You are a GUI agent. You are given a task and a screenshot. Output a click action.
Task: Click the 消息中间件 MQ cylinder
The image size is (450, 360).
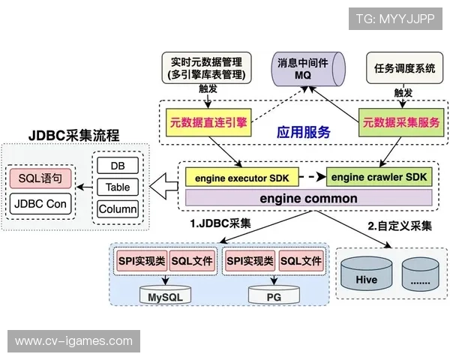(304, 68)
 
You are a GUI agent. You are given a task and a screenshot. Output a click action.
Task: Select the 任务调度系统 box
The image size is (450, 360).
(403, 68)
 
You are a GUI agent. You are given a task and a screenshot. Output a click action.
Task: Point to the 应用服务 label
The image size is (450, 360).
(304, 132)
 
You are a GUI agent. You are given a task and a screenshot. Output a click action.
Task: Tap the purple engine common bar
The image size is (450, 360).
(309, 199)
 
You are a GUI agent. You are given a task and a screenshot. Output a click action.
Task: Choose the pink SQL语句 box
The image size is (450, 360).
(40, 178)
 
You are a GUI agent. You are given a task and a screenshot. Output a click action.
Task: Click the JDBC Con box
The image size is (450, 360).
(40, 202)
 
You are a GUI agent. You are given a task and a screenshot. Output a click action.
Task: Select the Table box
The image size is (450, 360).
(118, 187)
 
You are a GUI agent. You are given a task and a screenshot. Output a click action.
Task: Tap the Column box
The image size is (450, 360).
(118, 209)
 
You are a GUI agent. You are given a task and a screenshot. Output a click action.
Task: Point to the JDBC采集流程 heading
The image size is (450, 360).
(75, 136)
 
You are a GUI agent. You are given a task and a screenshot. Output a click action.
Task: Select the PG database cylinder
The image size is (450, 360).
(274, 295)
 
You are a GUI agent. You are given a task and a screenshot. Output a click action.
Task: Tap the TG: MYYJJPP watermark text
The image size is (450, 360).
(394, 19)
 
